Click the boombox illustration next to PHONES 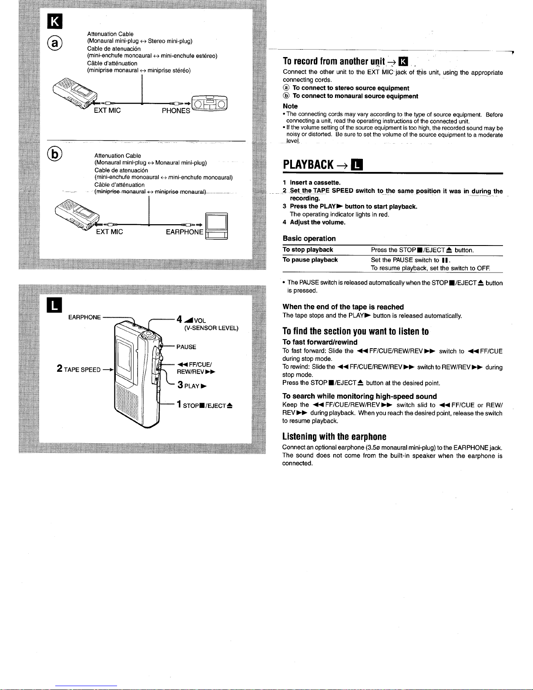coord(209,103)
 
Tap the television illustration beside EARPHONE coord(216,226)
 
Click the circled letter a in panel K coord(54,43)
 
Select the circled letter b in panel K coord(54,154)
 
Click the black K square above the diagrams coord(54,21)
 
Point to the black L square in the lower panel coord(54,305)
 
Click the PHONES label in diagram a coord(176,111)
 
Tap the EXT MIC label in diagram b coord(110,232)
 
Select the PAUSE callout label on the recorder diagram coord(186,347)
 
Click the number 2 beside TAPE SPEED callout coord(59,368)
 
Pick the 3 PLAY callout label coord(192,385)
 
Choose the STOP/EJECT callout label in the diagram coord(204,404)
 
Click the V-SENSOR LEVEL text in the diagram coord(211,328)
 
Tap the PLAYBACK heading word coord(308,165)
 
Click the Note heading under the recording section coord(290,106)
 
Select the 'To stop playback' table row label coord(308,249)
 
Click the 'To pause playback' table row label coord(310,260)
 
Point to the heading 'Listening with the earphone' coord(334,437)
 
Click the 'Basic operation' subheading coord(309,238)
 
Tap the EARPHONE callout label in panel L coord(84,317)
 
